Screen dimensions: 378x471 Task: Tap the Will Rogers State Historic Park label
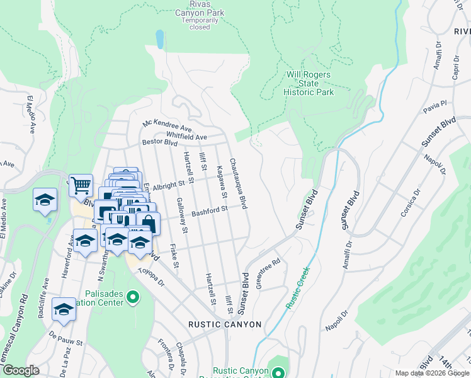click(309, 83)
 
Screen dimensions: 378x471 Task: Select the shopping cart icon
click(81, 185)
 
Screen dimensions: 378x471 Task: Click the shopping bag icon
click(148, 223)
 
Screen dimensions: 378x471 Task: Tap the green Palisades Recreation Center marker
click(132, 296)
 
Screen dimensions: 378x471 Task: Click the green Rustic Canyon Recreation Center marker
click(276, 372)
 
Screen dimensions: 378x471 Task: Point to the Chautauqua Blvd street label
click(237, 183)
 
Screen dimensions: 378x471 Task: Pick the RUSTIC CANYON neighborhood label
click(225, 324)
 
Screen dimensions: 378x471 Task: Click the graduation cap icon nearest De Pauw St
click(63, 309)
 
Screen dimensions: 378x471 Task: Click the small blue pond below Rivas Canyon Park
click(160, 40)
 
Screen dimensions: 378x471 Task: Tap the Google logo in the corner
click(21, 370)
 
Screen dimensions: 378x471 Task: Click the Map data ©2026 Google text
click(431, 373)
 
